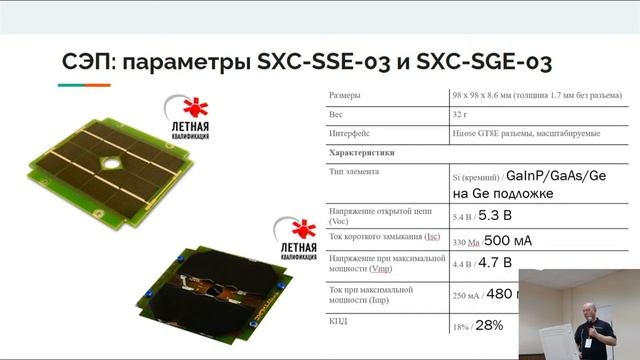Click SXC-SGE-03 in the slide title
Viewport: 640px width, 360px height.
(478, 62)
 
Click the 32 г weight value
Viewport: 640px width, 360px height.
(462, 115)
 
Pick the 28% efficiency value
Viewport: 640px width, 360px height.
(490, 325)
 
